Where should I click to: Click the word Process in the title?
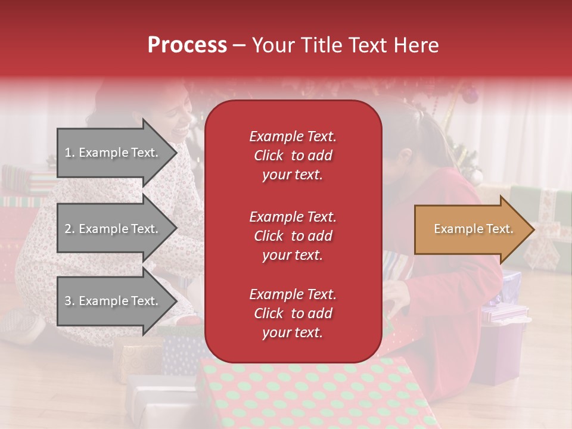[x=187, y=45]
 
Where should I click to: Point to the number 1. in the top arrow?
[x=70, y=153]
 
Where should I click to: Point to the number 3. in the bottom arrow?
[x=70, y=301]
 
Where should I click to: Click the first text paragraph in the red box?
[x=293, y=156]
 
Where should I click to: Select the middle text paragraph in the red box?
[x=293, y=236]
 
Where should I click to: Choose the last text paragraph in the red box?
[x=293, y=313]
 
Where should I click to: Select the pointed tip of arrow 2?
[x=175, y=229]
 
